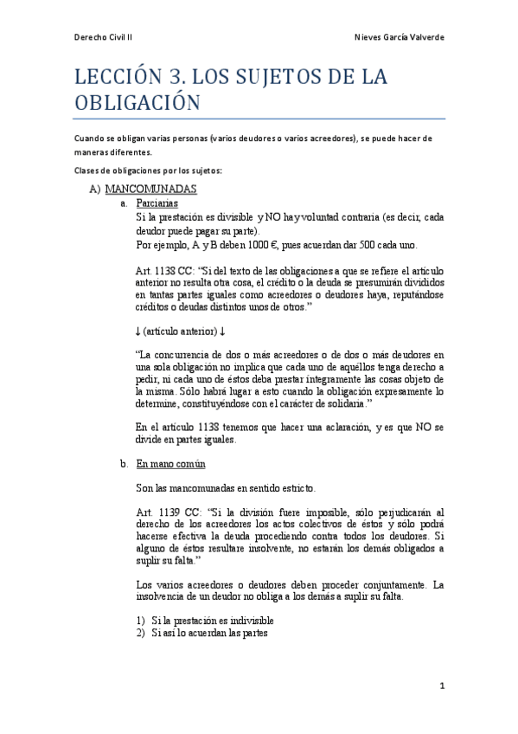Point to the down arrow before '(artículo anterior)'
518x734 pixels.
(139, 331)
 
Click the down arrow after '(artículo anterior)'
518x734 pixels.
(222, 331)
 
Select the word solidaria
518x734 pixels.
(344, 403)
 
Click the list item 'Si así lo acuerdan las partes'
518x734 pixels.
(209, 633)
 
